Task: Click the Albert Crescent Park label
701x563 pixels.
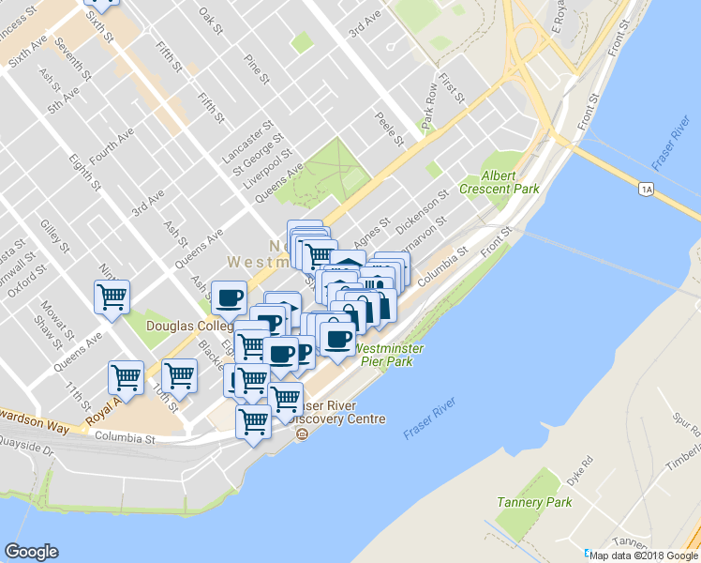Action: click(510, 182)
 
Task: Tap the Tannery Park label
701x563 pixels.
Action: click(521, 503)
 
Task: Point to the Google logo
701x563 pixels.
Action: click(31, 552)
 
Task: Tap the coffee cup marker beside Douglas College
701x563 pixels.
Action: click(228, 298)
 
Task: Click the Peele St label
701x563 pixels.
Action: click(390, 129)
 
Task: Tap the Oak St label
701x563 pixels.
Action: click(213, 19)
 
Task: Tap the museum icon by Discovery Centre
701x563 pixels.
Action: click(302, 434)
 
